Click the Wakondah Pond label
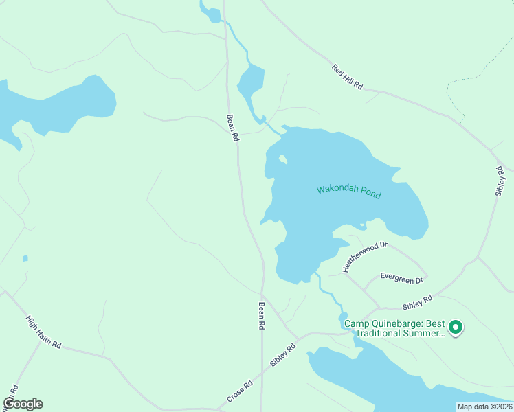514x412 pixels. (348, 192)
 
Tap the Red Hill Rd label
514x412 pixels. (347, 77)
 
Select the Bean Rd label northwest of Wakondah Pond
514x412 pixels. (232, 128)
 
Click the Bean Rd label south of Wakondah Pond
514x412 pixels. (261, 317)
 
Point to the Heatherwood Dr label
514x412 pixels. (366, 254)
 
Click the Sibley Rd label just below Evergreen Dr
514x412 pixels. (418, 301)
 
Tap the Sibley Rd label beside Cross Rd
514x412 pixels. (282, 355)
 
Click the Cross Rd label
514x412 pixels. (240, 391)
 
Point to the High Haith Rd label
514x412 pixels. (43, 332)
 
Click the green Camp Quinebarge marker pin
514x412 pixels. (455, 328)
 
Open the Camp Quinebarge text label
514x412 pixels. (394, 328)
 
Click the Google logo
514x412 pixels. (23, 404)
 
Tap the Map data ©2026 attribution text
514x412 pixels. (484, 407)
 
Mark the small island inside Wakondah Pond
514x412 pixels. (282, 160)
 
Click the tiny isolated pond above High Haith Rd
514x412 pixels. (25, 258)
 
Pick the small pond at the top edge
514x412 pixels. (210, 12)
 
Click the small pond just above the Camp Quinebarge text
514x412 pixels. (343, 316)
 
